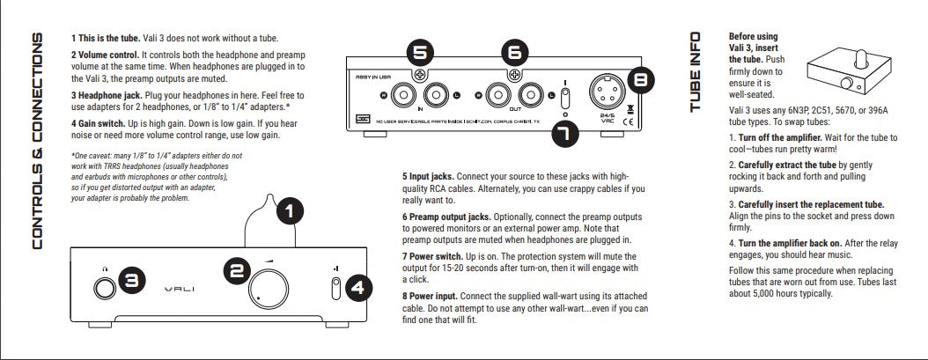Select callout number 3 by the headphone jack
130,280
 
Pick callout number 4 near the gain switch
358,287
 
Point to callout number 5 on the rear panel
422,52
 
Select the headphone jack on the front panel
104,286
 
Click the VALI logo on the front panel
181,288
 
